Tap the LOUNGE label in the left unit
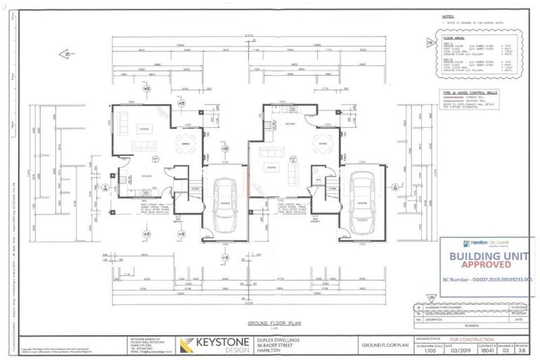click(143, 129)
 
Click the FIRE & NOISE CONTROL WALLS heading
click(461, 93)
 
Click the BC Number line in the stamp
click(487, 279)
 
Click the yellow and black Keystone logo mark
click(188, 345)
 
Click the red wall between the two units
click(246, 172)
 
